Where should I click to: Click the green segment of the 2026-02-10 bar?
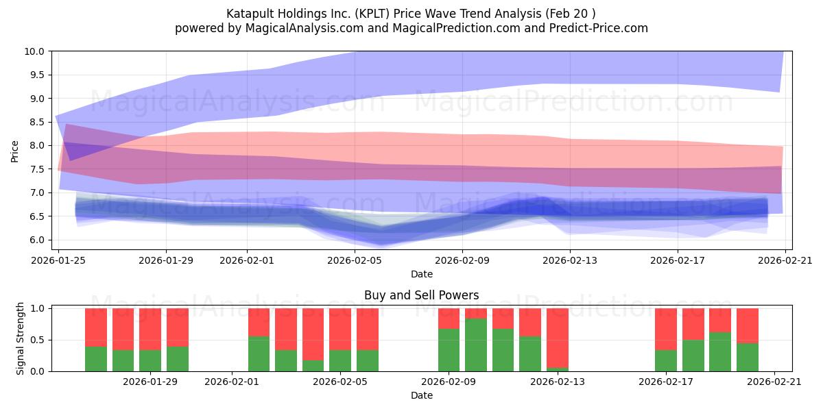[x=476, y=345]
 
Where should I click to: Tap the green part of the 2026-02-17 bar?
[x=665, y=360]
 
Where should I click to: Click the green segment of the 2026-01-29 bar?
[x=150, y=360]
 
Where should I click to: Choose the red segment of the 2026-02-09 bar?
[x=449, y=319]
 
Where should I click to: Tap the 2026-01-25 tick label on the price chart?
[x=58, y=260]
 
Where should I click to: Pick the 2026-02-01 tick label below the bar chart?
[x=232, y=382]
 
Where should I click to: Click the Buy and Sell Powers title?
[x=421, y=296]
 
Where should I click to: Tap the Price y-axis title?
[x=16, y=151]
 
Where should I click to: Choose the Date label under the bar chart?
[x=421, y=395]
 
